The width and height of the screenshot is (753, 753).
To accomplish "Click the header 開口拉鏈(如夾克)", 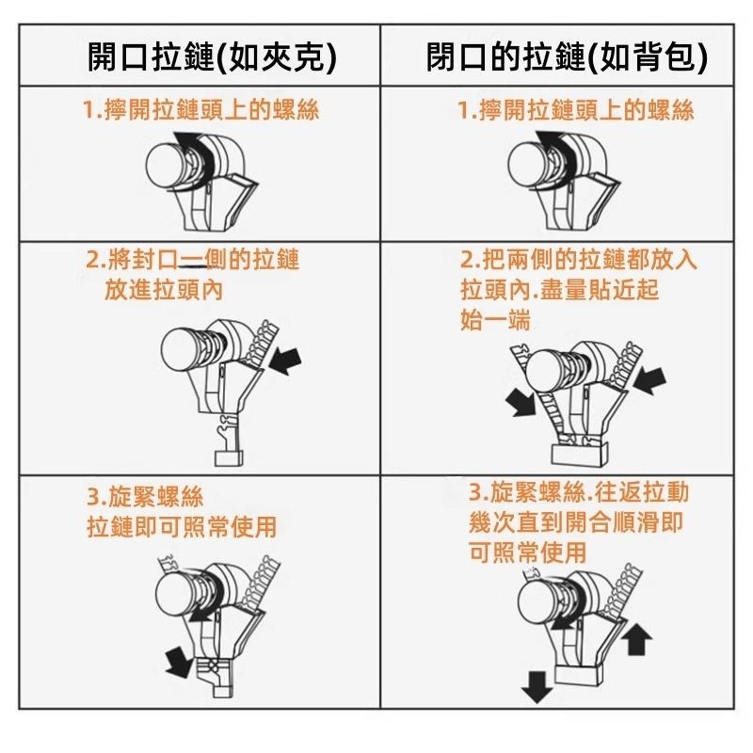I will point(211,58).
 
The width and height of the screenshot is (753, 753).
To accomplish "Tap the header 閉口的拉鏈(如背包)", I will point(567,58).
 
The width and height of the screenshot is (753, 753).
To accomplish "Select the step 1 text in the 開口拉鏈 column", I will point(200,110).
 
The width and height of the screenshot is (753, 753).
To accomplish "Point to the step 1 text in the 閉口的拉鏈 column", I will point(575,110).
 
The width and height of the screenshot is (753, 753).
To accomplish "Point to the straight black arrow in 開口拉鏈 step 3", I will point(176,660).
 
